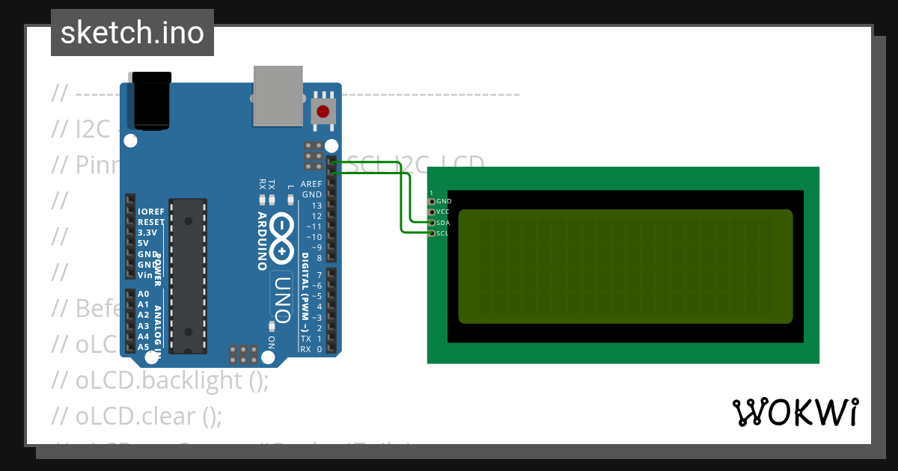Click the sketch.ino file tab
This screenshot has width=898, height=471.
[132, 33]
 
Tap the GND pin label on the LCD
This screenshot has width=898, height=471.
[444, 201]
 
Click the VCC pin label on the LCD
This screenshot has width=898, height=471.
[444, 212]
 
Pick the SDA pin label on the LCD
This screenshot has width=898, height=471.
[443, 223]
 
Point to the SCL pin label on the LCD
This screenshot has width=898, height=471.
[442, 233]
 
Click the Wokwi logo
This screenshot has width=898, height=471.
[795, 412]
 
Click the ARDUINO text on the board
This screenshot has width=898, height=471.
[263, 240]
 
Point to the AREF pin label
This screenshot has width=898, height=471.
[311, 184]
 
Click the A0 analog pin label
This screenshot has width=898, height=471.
[144, 294]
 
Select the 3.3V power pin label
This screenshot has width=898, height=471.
[148, 233]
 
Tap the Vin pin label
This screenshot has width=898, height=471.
[145, 275]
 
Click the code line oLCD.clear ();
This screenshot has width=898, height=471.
[137, 415]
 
